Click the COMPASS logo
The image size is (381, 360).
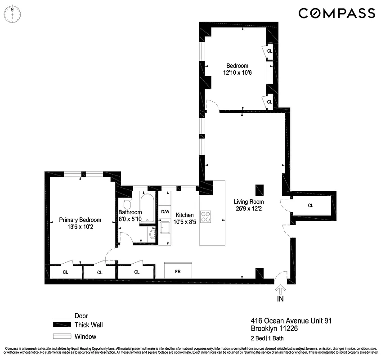pyautogui.click(x=336, y=13)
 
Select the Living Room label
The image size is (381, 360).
pyautogui.click(x=249, y=202)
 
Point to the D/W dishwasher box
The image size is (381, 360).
pyautogui.click(x=165, y=211)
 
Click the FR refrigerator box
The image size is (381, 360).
pyautogui.click(x=178, y=272)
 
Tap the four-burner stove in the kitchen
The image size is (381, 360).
pyautogui.click(x=206, y=217)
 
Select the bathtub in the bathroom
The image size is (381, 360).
pyautogui.click(x=147, y=207)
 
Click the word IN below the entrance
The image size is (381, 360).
pyautogui.click(x=281, y=298)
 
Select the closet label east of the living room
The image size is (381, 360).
pyautogui.click(x=310, y=205)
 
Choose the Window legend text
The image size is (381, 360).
pyautogui.click(x=85, y=336)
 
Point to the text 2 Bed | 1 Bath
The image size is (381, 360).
pyautogui.click(x=267, y=338)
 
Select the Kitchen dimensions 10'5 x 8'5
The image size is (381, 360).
pyautogui.click(x=184, y=221)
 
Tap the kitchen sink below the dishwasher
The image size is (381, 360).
pyautogui.click(x=165, y=230)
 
